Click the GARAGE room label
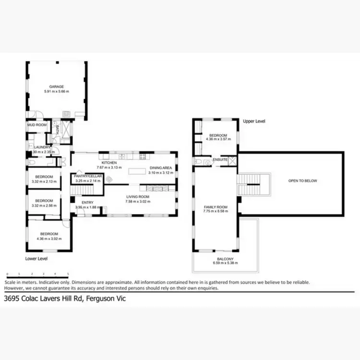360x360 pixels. pos(57,87)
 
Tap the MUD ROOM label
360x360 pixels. pos(36,125)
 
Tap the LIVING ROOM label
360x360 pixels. pos(138,197)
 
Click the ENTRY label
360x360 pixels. pos(87,203)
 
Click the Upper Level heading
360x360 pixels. pos(254,121)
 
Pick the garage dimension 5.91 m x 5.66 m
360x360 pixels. pos(57,91)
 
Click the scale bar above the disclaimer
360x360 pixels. pos(37,275)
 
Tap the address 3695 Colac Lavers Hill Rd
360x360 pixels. pos(44,298)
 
